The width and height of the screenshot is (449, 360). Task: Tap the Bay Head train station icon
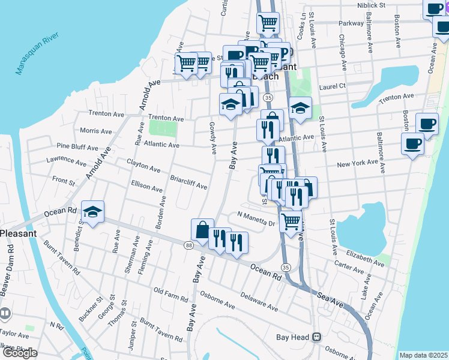[316, 338]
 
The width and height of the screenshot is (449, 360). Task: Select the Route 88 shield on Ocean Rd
[189, 245]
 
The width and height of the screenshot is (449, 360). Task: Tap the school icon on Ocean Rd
[92, 211]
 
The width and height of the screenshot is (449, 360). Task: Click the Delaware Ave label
[259, 301]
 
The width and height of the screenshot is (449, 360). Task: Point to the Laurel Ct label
[333, 86]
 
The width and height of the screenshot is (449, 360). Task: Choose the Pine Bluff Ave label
[77, 147]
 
